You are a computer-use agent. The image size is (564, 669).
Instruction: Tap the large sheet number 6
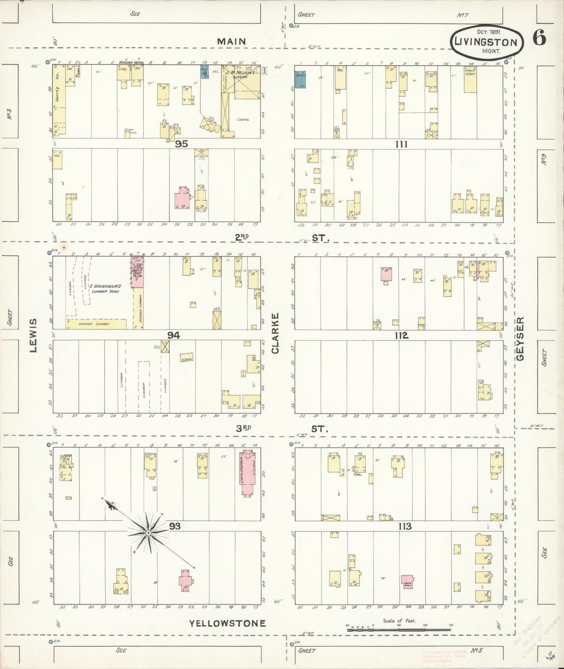(x=539, y=38)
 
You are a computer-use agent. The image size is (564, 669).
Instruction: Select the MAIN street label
(x=231, y=41)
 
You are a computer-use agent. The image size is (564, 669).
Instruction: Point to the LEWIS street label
(x=33, y=336)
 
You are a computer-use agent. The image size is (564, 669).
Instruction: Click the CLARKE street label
(x=276, y=333)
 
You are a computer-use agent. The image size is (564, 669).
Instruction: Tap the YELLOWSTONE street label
(x=228, y=623)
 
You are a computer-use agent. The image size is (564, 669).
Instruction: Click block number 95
(x=181, y=144)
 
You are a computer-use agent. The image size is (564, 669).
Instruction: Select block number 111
(x=401, y=144)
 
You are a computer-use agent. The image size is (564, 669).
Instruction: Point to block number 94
(x=173, y=335)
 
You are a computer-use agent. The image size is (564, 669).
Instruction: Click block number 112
(x=401, y=336)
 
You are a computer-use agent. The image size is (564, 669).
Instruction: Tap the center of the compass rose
(x=148, y=533)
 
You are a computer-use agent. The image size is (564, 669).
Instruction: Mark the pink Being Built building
(x=407, y=582)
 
